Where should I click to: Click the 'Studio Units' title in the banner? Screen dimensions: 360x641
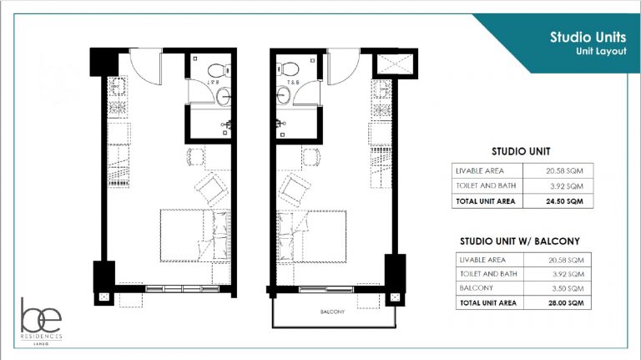pyautogui.click(x=583, y=37)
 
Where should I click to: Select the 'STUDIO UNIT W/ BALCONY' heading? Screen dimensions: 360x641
pyautogui.click(x=516, y=241)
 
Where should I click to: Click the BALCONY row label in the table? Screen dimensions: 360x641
pyautogui.click(x=475, y=287)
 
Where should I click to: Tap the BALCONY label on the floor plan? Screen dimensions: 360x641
pyautogui.click(x=331, y=312)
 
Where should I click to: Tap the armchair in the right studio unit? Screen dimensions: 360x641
pyautogui.click(x=294, y=187)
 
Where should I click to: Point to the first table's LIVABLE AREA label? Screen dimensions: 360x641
pyautogui.click(x=481, y=170)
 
